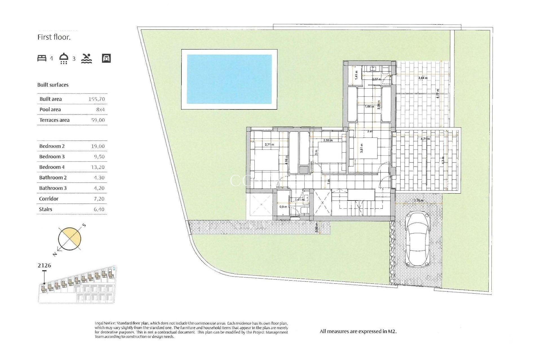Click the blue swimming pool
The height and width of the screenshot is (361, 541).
[x=229, y=79]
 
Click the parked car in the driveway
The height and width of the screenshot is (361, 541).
[x=417, y=240]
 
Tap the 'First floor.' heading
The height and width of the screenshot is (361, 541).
[x=54, y=37]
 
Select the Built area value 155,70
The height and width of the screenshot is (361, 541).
[x=96, y=99]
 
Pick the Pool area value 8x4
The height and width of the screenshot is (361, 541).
[x=100, y=109]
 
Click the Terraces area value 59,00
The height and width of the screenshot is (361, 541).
[x=98, y=120]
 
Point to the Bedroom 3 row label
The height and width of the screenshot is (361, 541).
[x=52, y=157]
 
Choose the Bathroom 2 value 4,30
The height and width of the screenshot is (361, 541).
[x=99, y=178]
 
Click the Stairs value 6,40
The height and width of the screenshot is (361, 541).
[x=99, y=209]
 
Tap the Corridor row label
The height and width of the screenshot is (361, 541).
[x=49, y=199]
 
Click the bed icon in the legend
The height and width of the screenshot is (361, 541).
[x=42, y=58]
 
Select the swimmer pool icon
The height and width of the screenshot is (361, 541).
[x=87, y=58]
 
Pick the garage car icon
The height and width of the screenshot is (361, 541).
[x=106, y=58]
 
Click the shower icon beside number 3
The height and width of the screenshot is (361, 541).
[x=64, y=58]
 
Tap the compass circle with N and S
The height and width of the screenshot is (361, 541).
[x=70, y=239]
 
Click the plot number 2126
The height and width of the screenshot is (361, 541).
[x=45, y=265]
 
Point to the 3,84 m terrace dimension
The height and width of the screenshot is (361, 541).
[x=423, y=78]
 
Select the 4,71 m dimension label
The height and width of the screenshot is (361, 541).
[x=425, y=139]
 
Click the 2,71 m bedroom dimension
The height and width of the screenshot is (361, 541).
[x=269, y=144]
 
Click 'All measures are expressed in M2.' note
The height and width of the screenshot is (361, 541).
[x=358, y=331]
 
